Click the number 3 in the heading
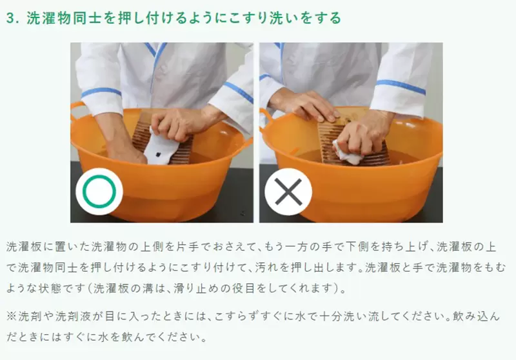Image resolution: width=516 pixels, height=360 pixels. tap(11, 19)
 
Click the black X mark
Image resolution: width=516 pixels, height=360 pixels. tap(288, 192)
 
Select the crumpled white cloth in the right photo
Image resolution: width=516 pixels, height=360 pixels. tap(347, 153)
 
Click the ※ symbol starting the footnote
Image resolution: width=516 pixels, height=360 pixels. tap(11, 317)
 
